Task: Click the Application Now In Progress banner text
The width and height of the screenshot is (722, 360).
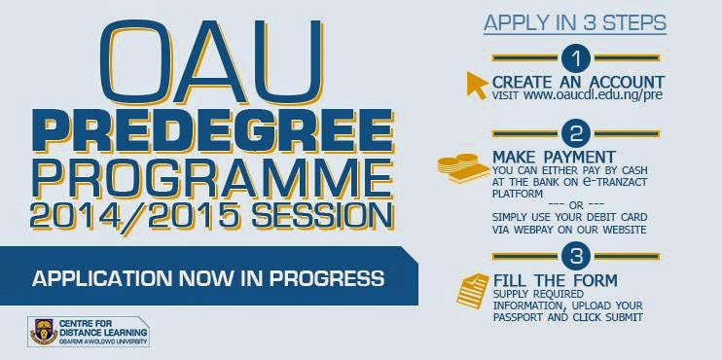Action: [208, 278]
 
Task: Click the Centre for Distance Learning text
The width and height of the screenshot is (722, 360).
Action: [103, 328]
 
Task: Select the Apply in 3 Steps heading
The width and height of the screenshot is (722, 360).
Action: [575, 23]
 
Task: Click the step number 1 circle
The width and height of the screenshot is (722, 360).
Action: [576, 58]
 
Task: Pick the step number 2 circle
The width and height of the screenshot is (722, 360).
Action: [576, 134]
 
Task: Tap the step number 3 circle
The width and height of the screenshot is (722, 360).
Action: [576, 257]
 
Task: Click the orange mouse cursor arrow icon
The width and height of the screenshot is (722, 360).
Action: [477, 85]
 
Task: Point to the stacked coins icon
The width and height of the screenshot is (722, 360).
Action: [463, 169]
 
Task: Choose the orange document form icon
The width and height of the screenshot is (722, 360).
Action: [472, 291]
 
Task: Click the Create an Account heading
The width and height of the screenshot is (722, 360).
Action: [578, 83]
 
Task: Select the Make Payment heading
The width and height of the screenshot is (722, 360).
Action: [554, 156]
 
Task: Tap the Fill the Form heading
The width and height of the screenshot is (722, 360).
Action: [556, 280]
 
